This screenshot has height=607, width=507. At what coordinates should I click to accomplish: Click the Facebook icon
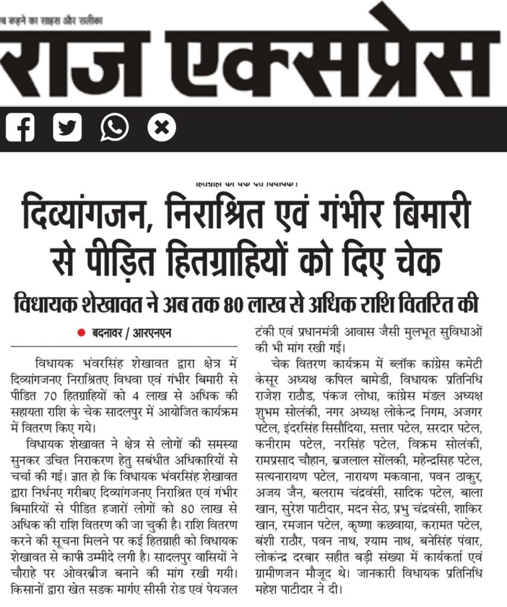tap(21, 127)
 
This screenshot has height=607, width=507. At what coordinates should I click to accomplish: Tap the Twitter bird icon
tap(67, 127)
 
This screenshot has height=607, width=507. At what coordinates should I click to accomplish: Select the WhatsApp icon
tap(114, 127)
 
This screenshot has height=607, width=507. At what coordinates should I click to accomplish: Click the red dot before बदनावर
tap(82, 333)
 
